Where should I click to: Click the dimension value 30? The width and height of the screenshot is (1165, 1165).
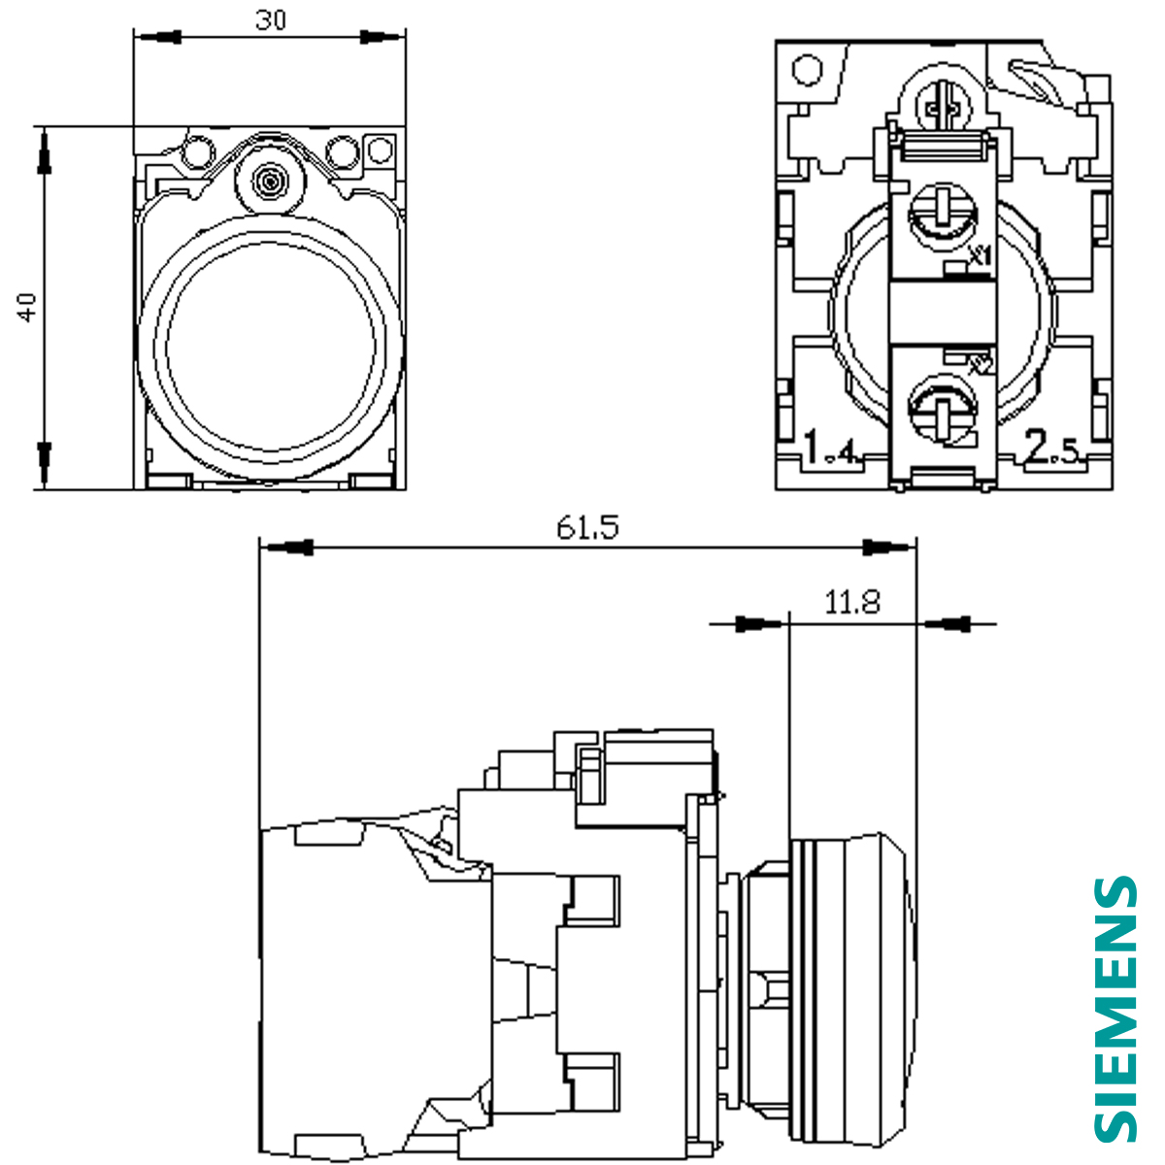(x=271, y=19)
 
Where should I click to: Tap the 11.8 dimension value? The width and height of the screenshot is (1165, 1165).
(x=852, y=603)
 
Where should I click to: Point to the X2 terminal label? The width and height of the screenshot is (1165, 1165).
(x=980, y=365)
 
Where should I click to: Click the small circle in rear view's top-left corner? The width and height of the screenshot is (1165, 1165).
(x=806, y=70)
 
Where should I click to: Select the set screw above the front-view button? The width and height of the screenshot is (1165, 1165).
(x=269, y=181)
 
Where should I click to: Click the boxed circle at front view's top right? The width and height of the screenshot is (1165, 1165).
(x=381, y=150)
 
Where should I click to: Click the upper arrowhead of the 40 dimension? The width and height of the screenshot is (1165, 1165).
(x=43, y=155)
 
